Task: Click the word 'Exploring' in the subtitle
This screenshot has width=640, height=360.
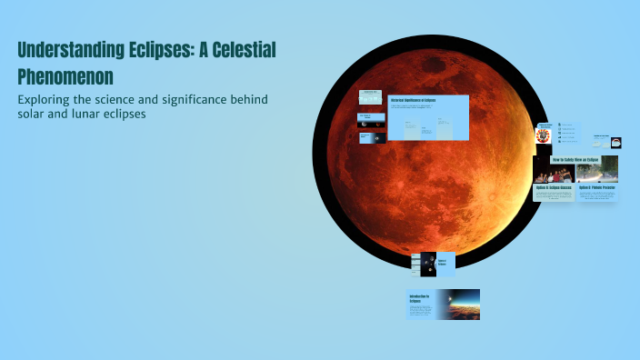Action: tap(50, 98)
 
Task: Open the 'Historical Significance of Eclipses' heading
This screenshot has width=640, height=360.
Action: tap(413, 100)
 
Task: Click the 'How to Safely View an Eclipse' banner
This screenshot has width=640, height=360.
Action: tap(574, 158)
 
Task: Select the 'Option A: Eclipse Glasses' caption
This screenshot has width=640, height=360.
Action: tap(553, 188)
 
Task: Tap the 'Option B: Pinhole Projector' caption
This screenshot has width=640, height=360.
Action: tap(596, 188)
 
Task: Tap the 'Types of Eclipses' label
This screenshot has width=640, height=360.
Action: tap(445, 264)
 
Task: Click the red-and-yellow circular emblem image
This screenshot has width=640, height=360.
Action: tap(544, 135)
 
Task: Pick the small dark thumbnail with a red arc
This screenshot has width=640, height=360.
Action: tap(372, 137)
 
